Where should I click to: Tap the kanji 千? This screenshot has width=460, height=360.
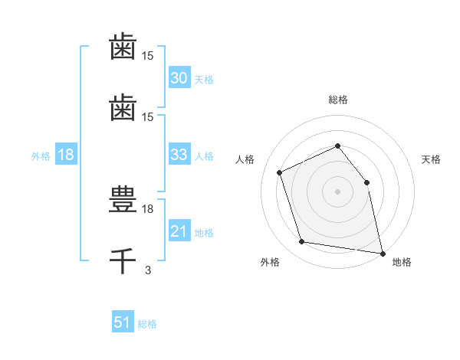[123, 260]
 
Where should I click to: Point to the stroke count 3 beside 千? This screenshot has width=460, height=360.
[148, 269]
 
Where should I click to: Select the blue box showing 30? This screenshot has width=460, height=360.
[179, 78]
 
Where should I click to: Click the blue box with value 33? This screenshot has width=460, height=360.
[179, 155]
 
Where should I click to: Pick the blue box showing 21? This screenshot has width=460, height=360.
[179, 231]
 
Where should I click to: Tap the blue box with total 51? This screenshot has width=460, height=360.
[123, 322]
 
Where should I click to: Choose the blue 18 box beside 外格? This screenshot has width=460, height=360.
[66, 155]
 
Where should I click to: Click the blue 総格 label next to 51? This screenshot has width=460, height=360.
[147, 324]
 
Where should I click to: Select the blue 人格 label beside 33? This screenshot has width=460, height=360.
[204, 156]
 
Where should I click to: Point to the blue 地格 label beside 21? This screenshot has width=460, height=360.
[204, 233]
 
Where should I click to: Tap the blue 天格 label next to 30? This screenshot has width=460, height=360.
[204, 80]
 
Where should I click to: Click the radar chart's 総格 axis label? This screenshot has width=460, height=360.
[337, 100]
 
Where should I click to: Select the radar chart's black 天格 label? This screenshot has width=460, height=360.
[431, 159]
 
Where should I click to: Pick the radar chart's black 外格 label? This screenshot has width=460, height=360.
[270, 263]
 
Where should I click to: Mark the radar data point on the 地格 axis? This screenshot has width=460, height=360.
[381, 252]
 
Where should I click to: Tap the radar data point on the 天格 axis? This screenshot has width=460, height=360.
[366, 182]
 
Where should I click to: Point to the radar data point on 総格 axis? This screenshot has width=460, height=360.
[337, 146]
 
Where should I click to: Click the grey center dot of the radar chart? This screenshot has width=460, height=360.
[337, 191]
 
